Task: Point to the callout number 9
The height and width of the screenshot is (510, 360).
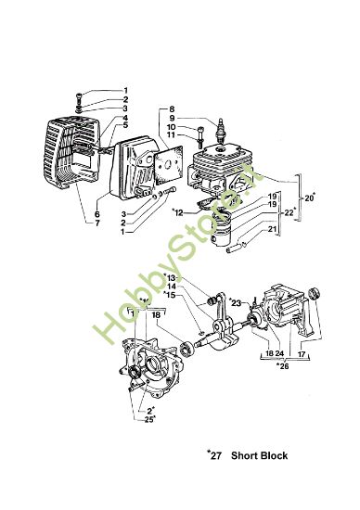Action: coord(173,119)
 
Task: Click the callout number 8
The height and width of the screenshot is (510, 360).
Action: coord(173,109)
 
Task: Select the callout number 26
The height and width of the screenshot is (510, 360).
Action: coord(284,364)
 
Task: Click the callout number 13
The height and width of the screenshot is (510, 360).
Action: coord(172,278)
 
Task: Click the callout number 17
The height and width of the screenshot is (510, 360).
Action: coord(302,354)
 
